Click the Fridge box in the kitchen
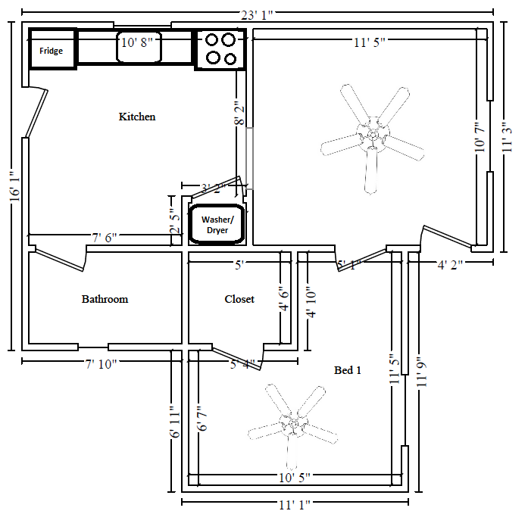[x=52, y=51]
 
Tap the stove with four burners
[x=220, y=48]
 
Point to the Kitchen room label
[x=137, y=117]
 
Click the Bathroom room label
[x=105, y=299]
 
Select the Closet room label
[x=239, y=299]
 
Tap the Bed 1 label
[x=348, y=370]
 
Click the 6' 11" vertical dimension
[x=174, y=423]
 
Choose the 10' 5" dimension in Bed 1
[x=294, y=478]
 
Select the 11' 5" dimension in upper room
[x=369, y=42]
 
